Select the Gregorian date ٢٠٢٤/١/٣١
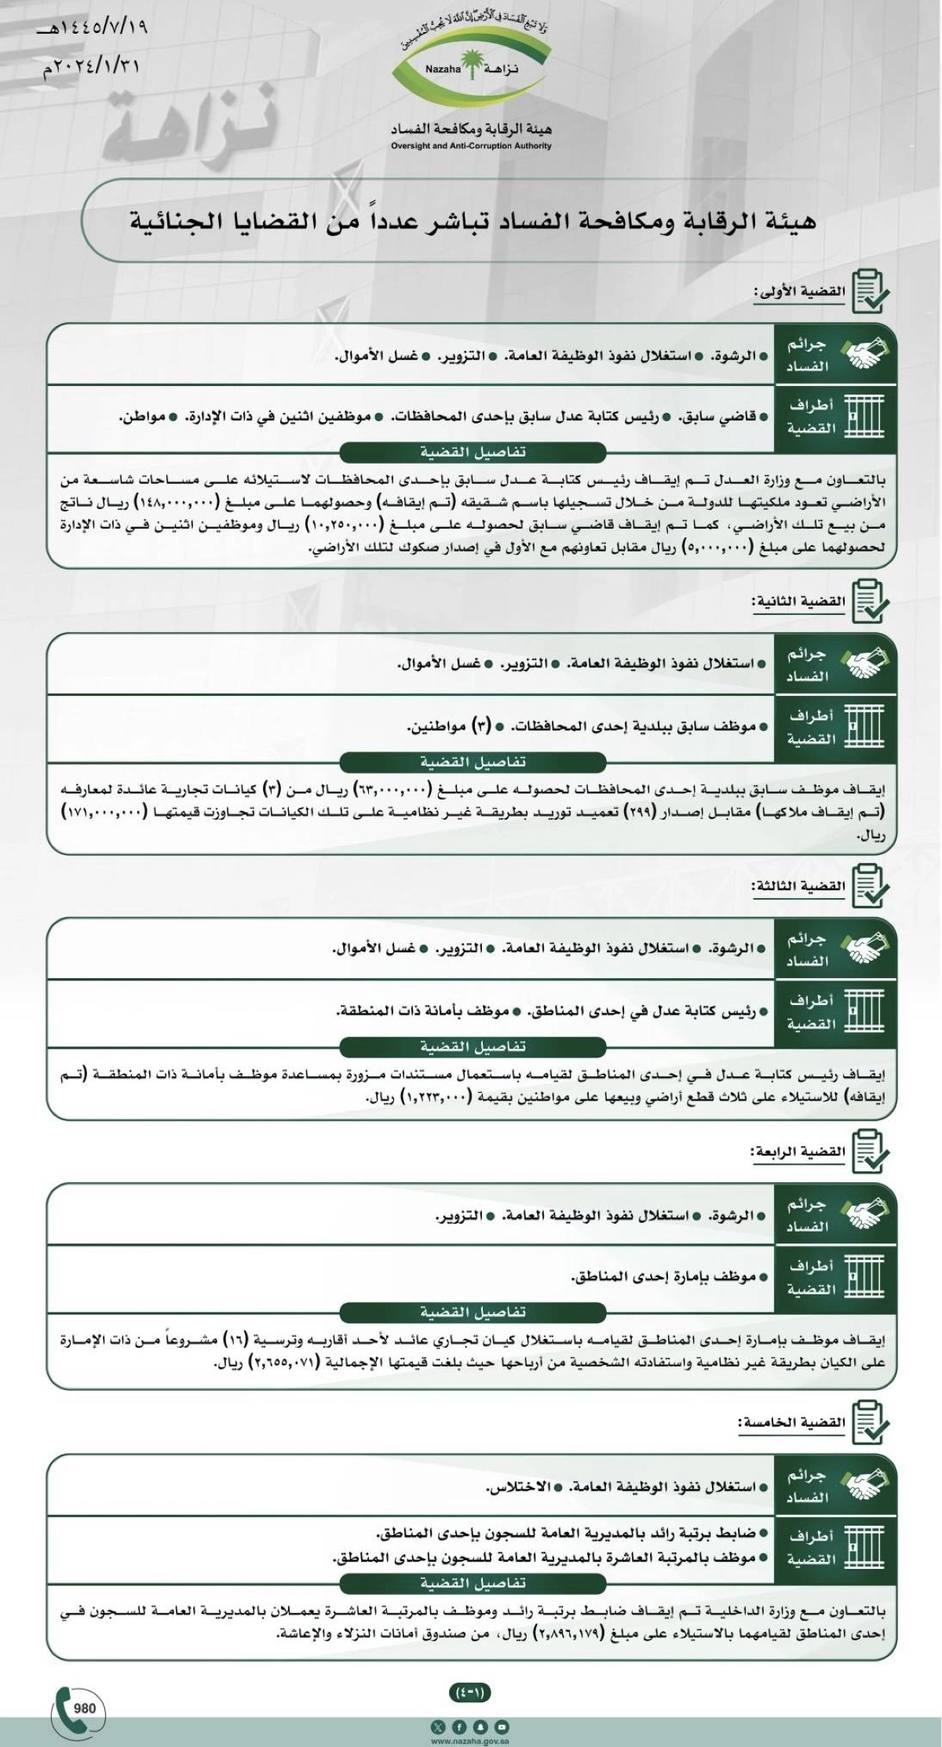[x=92, y=67]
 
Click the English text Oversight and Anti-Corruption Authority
[x=471, y=146]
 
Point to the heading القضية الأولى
[x=800, y=292]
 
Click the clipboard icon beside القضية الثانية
[x=870, y=602]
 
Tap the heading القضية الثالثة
[x=800, y=886]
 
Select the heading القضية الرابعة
[x=798, y=1152]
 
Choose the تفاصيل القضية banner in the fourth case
[x=472, y=1312]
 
